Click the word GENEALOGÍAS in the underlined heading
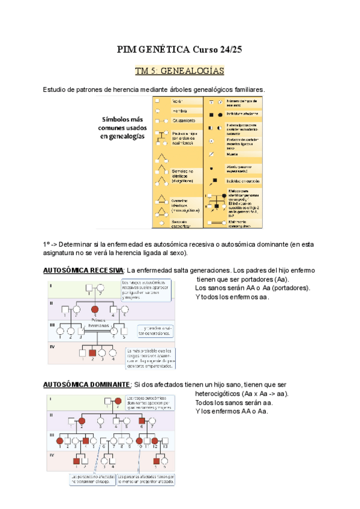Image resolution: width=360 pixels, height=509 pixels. pos(190,71)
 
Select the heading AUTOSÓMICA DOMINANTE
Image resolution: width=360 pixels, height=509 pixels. pos(86,384)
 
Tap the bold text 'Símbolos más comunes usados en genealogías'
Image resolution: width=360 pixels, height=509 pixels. pos(122,128)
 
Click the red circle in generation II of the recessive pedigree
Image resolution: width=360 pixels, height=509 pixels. pos(94,310)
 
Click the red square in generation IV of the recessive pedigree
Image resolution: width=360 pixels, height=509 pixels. pos(92,354)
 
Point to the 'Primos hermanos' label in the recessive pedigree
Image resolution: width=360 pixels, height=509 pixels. pos(95,324)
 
